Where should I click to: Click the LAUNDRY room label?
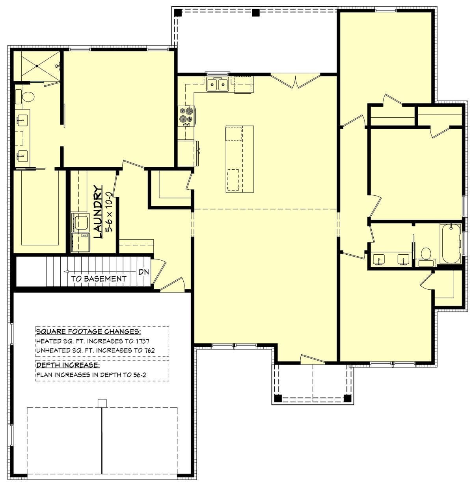(98, 211)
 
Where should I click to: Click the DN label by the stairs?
(144, 272)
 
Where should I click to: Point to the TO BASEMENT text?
(99, 279)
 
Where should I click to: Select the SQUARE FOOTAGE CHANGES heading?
(89, 331)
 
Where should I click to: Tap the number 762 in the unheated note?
(149, 350)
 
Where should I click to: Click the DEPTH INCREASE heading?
(68, 365)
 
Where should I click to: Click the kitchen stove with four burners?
(187, 116)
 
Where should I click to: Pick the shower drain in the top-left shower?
(37, 66)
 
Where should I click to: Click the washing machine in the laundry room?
(80, 222)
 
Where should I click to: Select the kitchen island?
(240, 159)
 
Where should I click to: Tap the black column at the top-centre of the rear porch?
(256, 13)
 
